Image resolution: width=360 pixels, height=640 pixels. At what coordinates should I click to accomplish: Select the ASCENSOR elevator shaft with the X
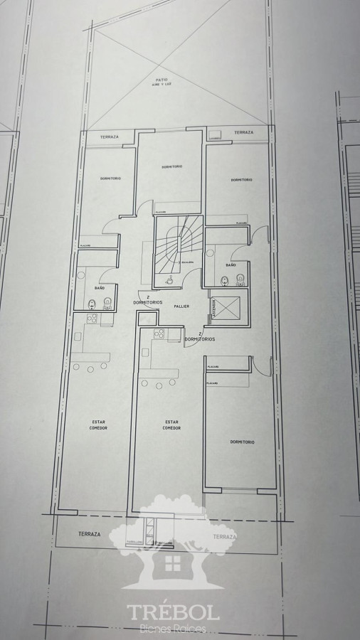(228, 306)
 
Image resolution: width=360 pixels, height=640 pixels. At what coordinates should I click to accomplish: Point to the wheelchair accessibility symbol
(169, 281)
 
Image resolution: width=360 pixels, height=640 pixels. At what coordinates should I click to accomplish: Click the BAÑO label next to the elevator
(231, 265)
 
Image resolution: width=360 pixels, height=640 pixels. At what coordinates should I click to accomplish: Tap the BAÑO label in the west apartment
(99, 287)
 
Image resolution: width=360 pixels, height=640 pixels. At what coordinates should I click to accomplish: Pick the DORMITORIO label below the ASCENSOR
(243, 442)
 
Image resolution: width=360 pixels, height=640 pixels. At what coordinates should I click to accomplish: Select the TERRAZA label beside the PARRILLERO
(90, 533)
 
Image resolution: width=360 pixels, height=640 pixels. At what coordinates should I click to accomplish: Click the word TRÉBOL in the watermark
(173, 613)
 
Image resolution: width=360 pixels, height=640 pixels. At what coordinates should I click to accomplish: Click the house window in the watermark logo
(172, 564)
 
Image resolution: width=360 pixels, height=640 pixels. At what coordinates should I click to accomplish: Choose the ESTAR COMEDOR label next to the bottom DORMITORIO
(171, 425)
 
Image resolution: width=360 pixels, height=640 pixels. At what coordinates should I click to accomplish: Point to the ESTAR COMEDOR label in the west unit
(99, 425)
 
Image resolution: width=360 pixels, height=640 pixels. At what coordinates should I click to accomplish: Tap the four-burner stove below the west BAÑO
(90, 319)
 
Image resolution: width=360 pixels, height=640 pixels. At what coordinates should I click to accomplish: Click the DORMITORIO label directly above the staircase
(171, 166)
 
